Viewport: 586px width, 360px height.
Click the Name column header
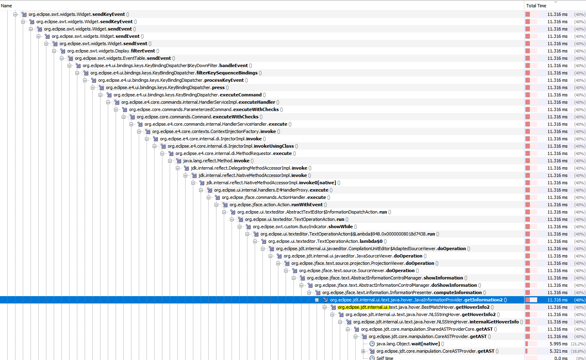point(7,6)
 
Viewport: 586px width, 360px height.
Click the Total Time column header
point(536,6)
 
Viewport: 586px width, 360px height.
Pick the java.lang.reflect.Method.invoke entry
point(216,161)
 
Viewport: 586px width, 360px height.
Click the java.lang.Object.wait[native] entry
point(408,344)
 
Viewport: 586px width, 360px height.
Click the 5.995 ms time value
point(558,344)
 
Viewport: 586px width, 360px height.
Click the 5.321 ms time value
point(558,351)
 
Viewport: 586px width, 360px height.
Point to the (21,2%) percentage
point(578,344)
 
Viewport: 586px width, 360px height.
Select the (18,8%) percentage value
point(578,351)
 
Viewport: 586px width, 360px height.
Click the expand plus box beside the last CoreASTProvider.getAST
point(363,351)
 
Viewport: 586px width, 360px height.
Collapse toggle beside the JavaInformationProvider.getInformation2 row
point(317,300)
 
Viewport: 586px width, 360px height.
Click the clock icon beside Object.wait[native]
point(372,344)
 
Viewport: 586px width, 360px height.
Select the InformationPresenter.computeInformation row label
point(402,292)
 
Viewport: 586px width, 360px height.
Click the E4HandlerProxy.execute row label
point(271,190)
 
